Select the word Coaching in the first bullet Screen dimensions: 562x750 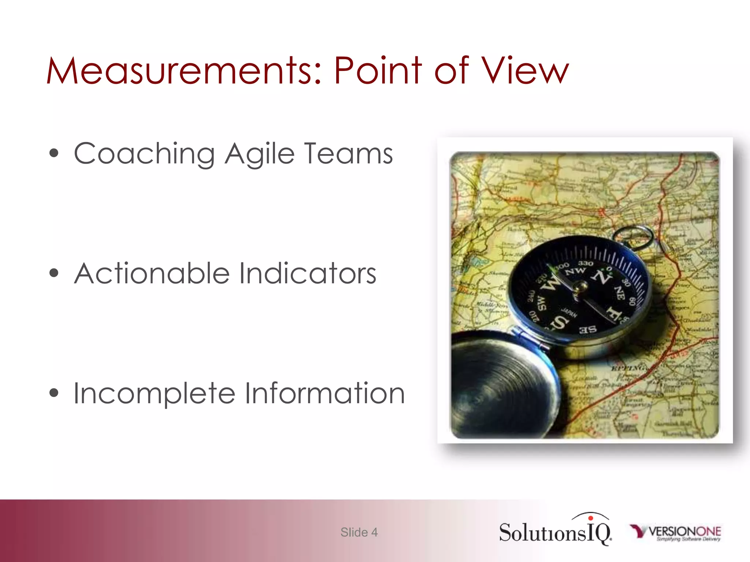coord(144,154)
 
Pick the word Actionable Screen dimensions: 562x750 coord(152,273)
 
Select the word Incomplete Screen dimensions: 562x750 coord(154,394)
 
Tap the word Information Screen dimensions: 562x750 coord(324,393)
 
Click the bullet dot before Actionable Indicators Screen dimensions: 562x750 coord(54,273)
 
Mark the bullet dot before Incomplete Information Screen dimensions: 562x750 coord(54,393)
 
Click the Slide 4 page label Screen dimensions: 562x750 coord(359,532)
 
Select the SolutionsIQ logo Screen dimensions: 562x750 coord(555,531)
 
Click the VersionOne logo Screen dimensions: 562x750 coord(676,532)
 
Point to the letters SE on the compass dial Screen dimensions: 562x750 coord(588,329)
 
